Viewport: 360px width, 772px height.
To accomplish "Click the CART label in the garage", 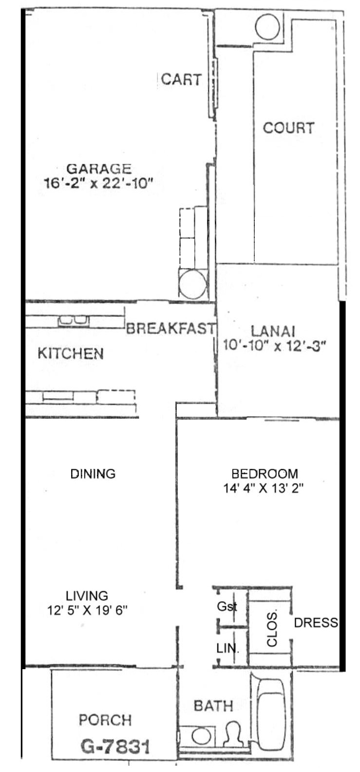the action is [181, 79].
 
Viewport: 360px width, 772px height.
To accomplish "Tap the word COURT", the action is [289, 128].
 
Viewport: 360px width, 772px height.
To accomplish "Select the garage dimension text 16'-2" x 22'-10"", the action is [98, 183].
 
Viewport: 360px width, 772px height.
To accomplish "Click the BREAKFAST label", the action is [171, 328].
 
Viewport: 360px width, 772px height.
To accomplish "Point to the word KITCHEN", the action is [71, 354].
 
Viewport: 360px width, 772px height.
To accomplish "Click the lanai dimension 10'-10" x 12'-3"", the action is [274, 346].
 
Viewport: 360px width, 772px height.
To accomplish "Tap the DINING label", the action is [93, 474].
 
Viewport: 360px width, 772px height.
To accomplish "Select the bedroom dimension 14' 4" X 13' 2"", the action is [264, 488].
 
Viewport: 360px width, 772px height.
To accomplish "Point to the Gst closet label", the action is [227, 606].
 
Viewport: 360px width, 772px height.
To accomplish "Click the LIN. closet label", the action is [227, 649].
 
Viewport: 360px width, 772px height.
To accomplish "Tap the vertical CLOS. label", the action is [272, 629].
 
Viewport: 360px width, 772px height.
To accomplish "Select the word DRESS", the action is [316, 622].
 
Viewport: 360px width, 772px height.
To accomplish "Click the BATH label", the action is [213, 706].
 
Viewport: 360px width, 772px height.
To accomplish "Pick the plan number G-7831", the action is [115, 747].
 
